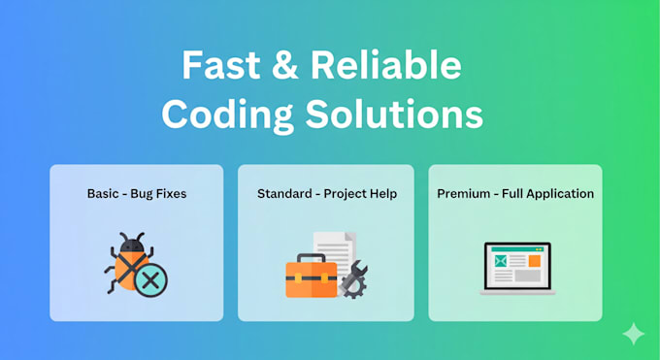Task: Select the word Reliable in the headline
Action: click(386, 66)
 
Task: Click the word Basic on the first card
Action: click(103, 193)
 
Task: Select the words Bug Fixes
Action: click(158, 193)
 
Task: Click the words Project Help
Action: click(359, 193)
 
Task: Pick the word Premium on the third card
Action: click(463, 193)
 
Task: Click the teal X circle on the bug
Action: click(150, 279)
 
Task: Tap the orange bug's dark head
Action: click(131, 245)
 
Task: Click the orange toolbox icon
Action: click(311, 278)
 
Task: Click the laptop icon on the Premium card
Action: click(516, 268)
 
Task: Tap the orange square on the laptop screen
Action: click(534, 260)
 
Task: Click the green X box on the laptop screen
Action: click(500, 261)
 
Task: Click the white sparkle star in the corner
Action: click(633, 334)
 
